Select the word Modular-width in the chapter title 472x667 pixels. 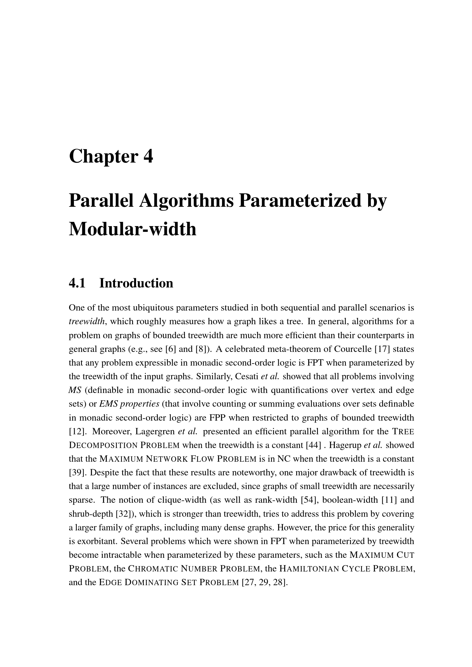coord(132,229)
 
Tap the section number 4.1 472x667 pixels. coord(77,283)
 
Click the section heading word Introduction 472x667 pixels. coord(136,283)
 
